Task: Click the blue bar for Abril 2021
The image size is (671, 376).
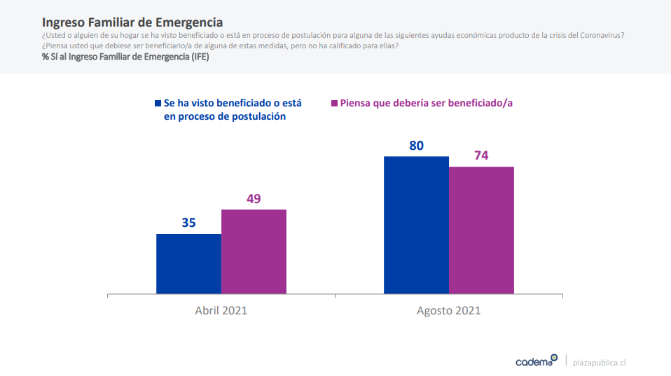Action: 188,263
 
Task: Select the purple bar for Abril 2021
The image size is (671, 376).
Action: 254,251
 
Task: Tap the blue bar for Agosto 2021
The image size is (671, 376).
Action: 416,225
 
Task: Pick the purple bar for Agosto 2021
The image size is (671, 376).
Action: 481,230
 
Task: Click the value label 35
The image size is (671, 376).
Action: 188,223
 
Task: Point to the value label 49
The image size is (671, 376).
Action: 254,199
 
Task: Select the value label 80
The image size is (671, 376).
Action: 417,146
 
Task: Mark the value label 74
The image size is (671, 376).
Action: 481,155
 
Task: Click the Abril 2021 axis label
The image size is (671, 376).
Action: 221,310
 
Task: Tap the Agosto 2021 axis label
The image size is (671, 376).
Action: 448,310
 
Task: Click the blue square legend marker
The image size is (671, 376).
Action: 158,103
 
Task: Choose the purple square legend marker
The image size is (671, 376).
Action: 333,103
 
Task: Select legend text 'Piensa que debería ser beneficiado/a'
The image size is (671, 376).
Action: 427,103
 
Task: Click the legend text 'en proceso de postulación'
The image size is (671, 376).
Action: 224,117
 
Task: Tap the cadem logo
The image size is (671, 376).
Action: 536,361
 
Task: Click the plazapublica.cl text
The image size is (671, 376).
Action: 599,362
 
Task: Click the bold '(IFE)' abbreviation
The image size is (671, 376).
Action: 198,56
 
